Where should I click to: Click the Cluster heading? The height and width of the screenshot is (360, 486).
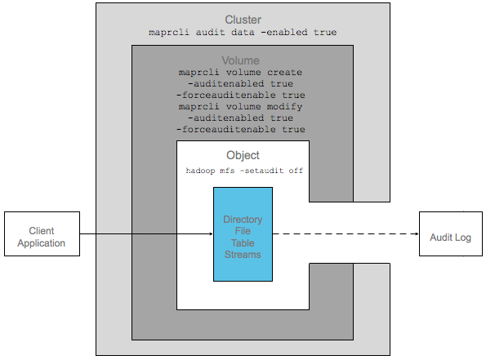[243, 20]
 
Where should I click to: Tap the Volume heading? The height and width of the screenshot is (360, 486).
[240, 60]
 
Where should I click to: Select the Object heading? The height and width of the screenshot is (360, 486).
[243, 155]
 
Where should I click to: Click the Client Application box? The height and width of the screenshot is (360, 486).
[42, 234]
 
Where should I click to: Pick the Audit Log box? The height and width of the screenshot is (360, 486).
[451, 234]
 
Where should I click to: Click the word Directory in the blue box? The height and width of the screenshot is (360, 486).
[243, 220]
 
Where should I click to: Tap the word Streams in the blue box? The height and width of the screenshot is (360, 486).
[243, 255]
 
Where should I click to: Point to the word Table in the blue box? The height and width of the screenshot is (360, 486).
[243, 243]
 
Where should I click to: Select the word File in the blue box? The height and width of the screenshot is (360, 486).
[243, 231]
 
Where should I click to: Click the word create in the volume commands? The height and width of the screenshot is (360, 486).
[284, 73]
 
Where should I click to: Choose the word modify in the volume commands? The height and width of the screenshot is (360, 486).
[284, 107]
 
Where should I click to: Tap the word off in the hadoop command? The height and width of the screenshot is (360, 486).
[296, 171]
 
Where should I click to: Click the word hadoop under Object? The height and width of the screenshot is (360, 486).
[200, 171]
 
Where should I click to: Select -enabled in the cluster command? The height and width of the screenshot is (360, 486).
[284, 32]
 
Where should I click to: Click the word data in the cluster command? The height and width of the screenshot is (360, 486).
[243, 32]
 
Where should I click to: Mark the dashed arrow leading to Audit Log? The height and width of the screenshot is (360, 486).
[346, 234]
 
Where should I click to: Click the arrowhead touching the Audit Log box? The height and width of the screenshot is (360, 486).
[417, 234]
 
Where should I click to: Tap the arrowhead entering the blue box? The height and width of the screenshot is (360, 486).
[212, 234]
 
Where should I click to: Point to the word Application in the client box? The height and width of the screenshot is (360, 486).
[41, 243]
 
